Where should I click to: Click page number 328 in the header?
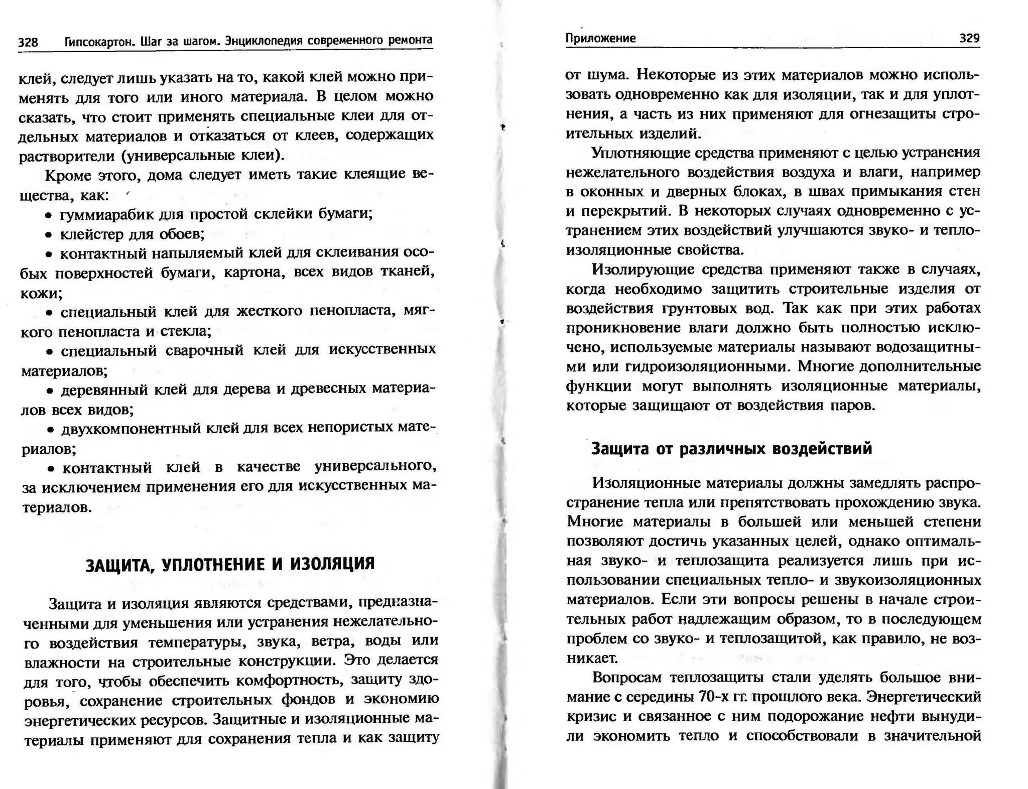click(x=28, y=42)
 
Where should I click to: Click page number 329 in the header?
click(x=969, y=38)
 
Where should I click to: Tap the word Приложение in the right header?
click(x=600, y=38)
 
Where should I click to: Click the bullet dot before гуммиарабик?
click(x=48, y=216)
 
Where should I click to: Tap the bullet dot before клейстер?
click(x=48, y=235)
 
